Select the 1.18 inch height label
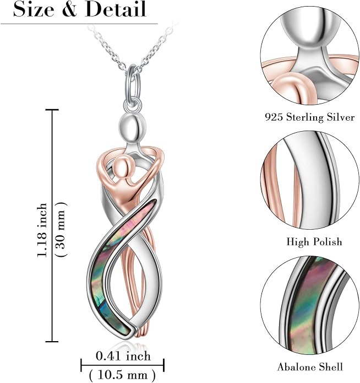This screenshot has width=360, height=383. pos(42,230)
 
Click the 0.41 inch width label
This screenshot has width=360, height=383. pos(123,356)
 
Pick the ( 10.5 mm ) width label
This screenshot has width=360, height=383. pos(122,374)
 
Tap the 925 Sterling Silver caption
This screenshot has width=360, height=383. pos(309,117)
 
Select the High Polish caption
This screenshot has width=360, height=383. pos(314,241)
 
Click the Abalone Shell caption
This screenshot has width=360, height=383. pos(310,367)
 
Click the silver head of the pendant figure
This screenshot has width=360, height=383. pos(133,127)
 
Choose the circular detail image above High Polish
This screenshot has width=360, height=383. pos(310,180)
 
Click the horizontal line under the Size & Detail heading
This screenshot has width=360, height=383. pos(79,24)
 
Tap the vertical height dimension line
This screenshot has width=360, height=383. pos(52,225)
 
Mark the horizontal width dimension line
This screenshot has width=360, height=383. pos(122,365)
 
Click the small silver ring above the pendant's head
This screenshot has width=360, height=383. pos(133,105)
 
